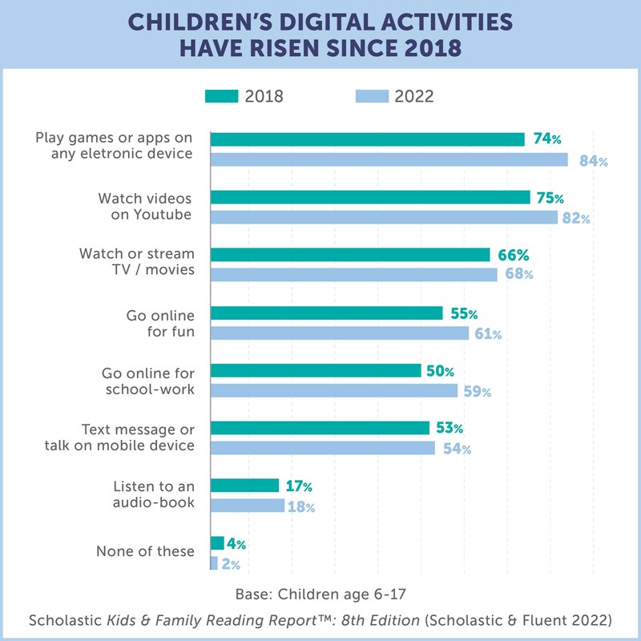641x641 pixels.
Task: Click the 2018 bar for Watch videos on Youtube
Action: (370, 197)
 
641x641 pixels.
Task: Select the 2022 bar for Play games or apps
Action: (389, 159)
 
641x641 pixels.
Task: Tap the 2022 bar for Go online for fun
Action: (340, 333)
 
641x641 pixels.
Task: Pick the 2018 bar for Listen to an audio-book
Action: (245, 486)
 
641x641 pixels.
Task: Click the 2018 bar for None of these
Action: (217, 543)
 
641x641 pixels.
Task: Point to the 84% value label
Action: (594, 161)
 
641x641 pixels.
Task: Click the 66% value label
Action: (514, 256)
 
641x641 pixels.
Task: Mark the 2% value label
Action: (231, 564)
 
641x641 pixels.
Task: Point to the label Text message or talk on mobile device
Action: (138, 437)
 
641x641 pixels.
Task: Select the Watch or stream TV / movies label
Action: (137, 261)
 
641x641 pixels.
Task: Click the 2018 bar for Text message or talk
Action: (320, 428)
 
